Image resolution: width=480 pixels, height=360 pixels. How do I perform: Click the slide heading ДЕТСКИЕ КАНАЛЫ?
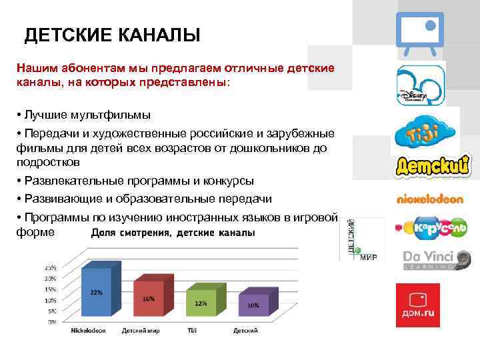[x=112, y=35]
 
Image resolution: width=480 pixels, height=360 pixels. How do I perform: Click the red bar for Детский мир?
[x=149, y=299]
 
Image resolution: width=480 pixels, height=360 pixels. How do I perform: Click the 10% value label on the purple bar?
[x=253, y=305]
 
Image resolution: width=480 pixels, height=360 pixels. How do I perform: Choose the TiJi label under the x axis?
[x=191, y=331]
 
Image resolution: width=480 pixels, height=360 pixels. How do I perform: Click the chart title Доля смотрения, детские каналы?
[x=173, y=233]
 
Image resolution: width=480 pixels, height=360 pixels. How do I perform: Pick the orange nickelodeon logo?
[x=429, y=199]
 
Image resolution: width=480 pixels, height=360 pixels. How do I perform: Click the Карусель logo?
[x=431, y=228]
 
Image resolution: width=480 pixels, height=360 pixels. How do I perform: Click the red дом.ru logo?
[x=417, y=305]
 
